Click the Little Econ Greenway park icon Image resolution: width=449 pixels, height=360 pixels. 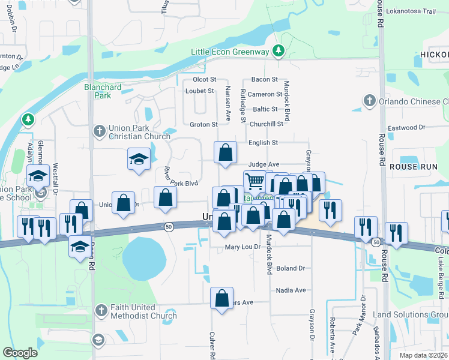(x=278, y=52)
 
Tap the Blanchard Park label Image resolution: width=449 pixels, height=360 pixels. (x=103, y=91)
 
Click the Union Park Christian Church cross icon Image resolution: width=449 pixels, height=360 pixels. (x=100, y=131)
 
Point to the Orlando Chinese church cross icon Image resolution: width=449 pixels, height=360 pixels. (x=370, y=101)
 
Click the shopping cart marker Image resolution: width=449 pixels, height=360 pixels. (x=255, y=181)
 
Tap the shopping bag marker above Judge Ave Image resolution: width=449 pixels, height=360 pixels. (x=225, y=153)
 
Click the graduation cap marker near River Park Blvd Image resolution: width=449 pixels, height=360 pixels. (x=139, y=159)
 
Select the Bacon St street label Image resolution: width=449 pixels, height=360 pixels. (x=264, y=79)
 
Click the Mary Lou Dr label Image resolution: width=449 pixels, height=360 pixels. (x=243, y=247)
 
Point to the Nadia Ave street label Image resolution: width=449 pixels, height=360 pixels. (x=291, y=290)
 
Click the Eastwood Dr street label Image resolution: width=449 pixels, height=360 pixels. (x=406, y=128)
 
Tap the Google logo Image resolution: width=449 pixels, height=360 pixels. (x=20, y=353)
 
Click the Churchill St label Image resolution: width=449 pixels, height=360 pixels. (x=267, y=124)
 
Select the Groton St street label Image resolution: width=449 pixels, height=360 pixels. (x=203, y=125)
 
